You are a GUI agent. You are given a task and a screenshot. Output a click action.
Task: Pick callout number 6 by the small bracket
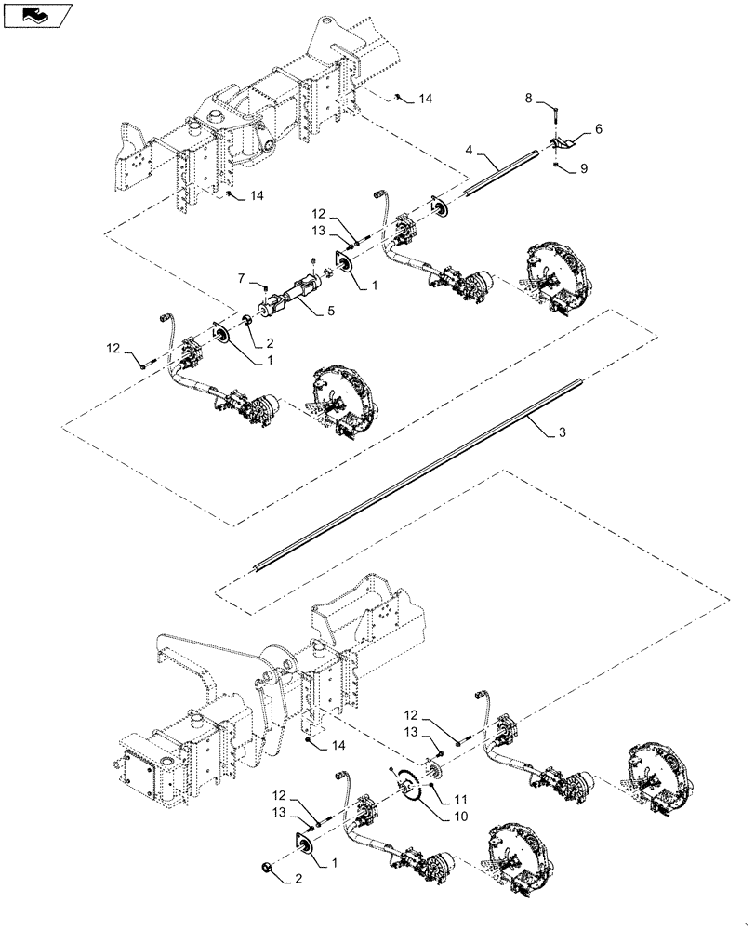(598, 129)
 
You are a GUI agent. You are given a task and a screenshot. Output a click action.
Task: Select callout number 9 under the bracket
(585, 169)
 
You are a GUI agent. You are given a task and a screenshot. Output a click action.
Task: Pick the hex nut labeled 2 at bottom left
(268, 868)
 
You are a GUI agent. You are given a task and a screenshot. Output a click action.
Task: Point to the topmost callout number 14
(426, 97)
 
